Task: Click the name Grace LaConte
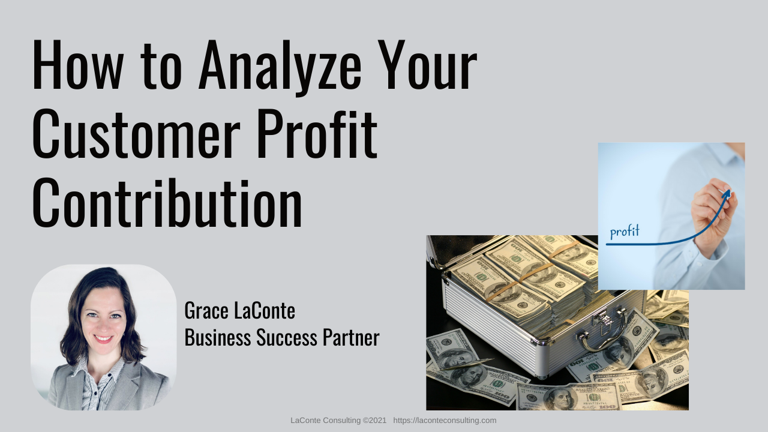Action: [239, 311]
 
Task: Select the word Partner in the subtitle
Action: [351, 337]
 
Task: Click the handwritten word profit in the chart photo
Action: [625, 232]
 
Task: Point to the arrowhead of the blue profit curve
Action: [727, 194]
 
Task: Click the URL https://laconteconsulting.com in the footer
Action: [445, 421]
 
